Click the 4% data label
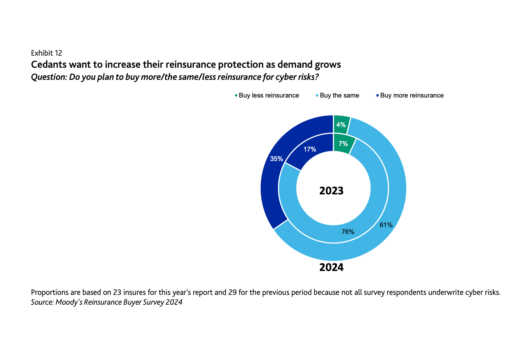tap(341, 125)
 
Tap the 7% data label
tap(343, 144)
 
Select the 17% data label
tap(310, 150)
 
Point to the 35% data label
tap(276, 159)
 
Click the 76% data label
tap(348, 232)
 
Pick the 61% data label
tap(386, 225)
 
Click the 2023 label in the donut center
tap(331, 190)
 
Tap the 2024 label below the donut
tap(331, 267)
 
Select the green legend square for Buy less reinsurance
tap(236, 96)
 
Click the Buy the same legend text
tap(339, 96)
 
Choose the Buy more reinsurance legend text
tap(412, 96)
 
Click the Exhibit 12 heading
tap(47, 53)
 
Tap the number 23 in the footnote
tap(117, 292)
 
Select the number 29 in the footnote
tap(233, 292)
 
